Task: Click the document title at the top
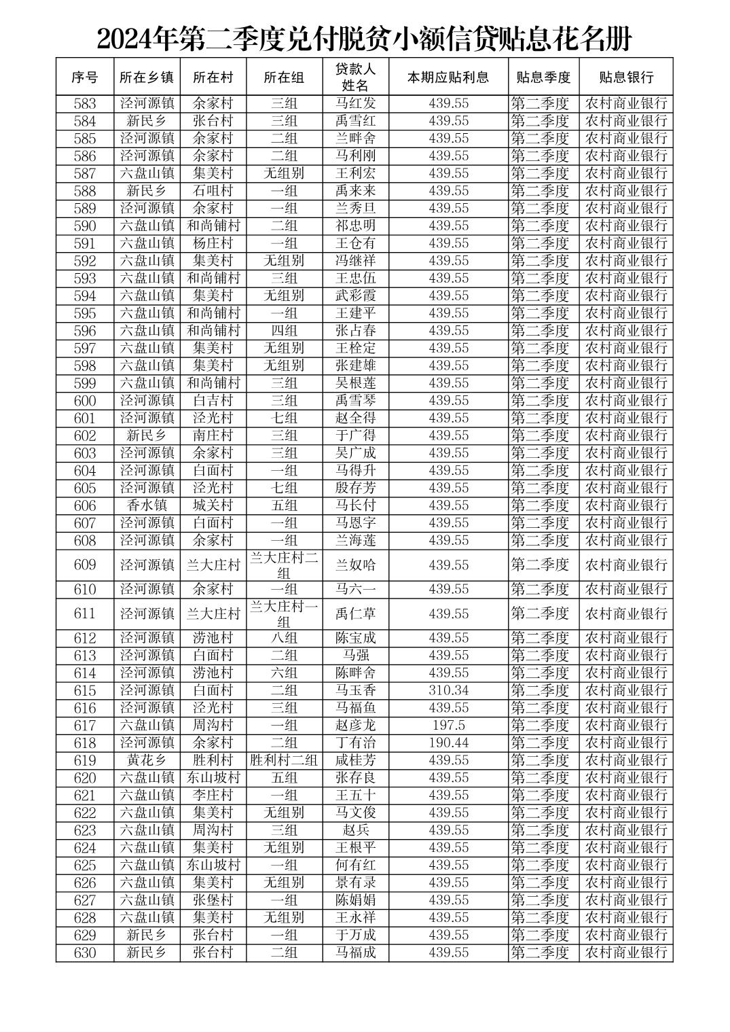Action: (x=364, y=39)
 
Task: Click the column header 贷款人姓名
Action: (x=355, y=77)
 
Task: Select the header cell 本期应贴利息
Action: (x=448, y=77)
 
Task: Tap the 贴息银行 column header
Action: (x=625, y=77)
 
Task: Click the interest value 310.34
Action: (x=448, y=690)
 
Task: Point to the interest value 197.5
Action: (x=448, y=725)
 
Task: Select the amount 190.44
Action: (x=448, y=743)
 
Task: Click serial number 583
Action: (x=85, y=104)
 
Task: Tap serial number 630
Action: (x=85, y=953)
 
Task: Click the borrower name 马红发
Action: (x=355, y=104)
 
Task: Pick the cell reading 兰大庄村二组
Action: (x=284, y=565)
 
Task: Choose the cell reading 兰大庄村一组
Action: (x=284, y=613)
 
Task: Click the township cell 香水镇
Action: (x=147, y=505)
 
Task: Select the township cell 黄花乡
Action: (x=147, y=760)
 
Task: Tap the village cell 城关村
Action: (x=213, y=505)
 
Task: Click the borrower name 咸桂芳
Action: (x=355, y=760)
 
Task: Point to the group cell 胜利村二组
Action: (x=284, y=760)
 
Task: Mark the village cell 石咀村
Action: (x=213, y=191)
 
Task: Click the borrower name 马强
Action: (x=355, y=656)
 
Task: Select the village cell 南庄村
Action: (x=213, y=435)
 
